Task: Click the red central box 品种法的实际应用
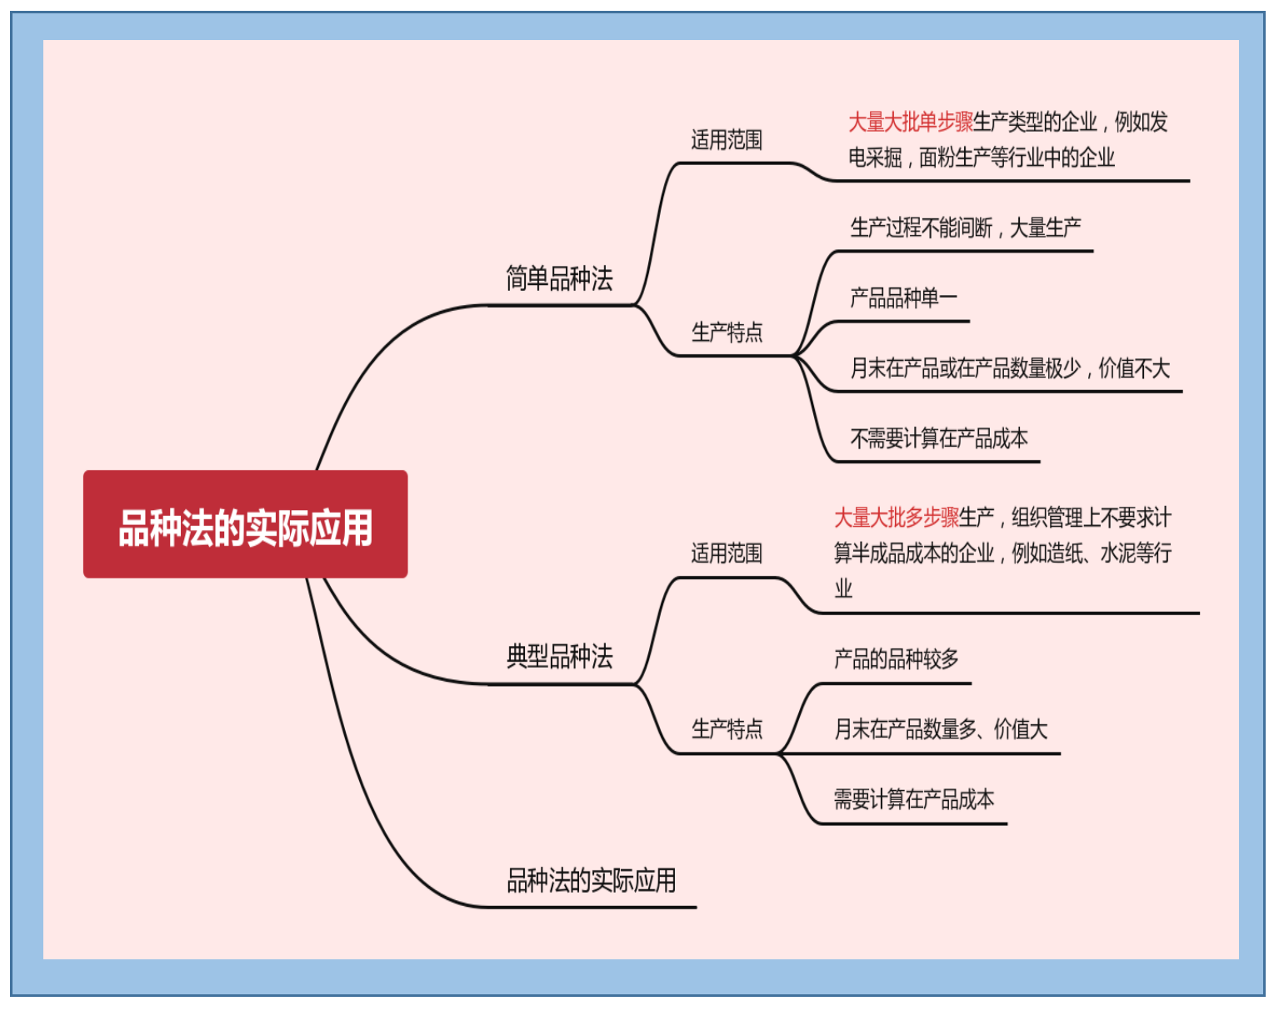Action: click(x=245, y=524)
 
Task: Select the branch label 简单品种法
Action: click(x=559, y=278)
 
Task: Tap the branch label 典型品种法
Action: click(x=559, y=657)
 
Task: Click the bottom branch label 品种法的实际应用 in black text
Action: click(x=591, y=880)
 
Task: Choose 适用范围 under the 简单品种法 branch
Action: click(x=727, y=140)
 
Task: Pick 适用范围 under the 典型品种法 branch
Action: click(x=727, y=553)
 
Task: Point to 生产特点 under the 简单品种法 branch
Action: click(x=727, y=333)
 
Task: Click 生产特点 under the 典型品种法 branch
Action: click(x=727, y=729)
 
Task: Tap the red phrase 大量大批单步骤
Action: click(x=911, y=123)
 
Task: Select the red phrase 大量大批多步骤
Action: click(x=897, y=518)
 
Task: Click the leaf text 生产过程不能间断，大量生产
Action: click(x=965, y=228)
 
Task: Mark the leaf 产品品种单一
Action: click(x=903, y=298)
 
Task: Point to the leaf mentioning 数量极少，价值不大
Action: click(x=1009, y=368)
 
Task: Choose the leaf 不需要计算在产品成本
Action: click(x=938, y=438)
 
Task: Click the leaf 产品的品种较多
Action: click(x=896, y=659)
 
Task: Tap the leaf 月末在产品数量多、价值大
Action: click(x=940, y=729)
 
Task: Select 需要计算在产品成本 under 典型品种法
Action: click(x=914, y=799)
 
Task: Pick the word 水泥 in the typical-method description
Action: click(x=1117, y=553)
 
